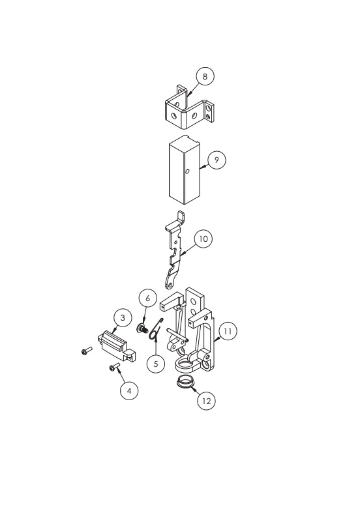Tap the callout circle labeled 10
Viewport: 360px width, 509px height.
click(x=203, y=239)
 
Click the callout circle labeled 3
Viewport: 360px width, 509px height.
click(x=121, y=318)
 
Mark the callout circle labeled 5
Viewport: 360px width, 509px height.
click(x=155, y=363)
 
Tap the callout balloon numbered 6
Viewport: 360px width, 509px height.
click(x=147, y=298)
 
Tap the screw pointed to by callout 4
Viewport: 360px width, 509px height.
click(x=115, y=369)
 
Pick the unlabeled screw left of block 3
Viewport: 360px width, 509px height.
click(x=87, y=351)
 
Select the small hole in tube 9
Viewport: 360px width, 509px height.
click(x=187, y=173)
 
